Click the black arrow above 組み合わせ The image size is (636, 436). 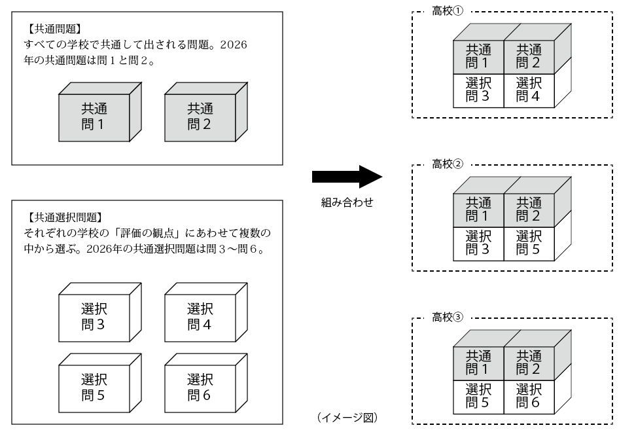346,177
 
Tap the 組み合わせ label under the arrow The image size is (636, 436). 346,203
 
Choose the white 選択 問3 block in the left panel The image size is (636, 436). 93,317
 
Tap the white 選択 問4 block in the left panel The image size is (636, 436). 199,317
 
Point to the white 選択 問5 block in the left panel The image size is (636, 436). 93,388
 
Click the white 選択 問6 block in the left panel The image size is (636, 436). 199,388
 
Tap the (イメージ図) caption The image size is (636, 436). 346,416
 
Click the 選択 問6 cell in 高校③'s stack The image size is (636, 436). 529,395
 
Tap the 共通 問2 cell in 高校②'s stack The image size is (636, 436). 529,209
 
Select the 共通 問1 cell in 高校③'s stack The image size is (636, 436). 478,361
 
